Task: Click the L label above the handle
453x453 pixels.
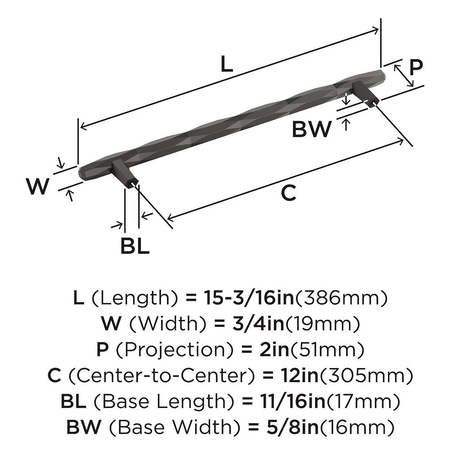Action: [226, 65]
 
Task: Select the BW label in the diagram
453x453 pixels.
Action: [311, 129]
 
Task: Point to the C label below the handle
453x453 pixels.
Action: [288, 193]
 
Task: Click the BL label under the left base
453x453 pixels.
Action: [135, 246]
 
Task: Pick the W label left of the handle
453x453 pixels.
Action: [38, 187]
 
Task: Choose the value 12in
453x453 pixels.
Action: [299, 376]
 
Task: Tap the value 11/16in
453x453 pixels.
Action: [291, 401]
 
